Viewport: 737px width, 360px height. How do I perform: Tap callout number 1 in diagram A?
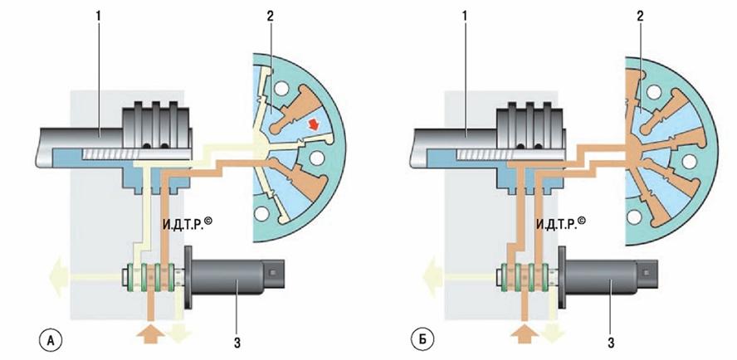(x=98, y=17)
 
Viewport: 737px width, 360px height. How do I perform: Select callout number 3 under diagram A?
(x=237, y=343)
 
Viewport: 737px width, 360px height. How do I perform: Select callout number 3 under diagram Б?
(x=611, y=343)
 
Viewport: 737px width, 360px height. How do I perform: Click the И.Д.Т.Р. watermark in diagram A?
(x=187, y=223)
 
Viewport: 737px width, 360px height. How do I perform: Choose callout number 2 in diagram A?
(x=270, y=17)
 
